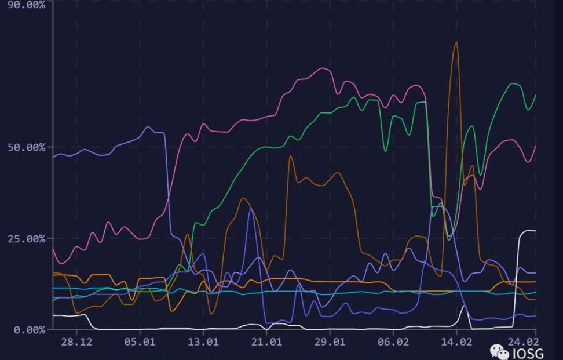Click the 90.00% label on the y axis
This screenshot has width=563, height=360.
(x=26, y=5)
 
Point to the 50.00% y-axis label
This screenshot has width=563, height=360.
(x=26, y=147)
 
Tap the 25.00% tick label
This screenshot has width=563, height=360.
(x=26, y=239)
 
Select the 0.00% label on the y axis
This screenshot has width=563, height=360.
(x=30, y=330)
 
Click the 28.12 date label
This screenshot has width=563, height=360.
(x=76, y=341)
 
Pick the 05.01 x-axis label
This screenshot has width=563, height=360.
(x=140, y=341)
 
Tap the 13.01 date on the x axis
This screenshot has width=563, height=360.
(x=203, y=341)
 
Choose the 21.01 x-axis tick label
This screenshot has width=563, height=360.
(x=266, y=341)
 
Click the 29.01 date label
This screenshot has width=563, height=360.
(x=330, y=341)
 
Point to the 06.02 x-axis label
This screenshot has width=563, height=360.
(x=393, y=341)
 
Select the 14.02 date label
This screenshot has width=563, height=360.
(x=456, y=341)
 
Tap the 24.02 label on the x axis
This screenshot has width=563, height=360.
(x=523, y=341)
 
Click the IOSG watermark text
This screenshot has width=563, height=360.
(x=528, y=354)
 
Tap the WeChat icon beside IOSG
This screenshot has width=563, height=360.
(x=499, y=352)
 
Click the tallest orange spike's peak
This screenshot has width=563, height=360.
(x=456, y=42)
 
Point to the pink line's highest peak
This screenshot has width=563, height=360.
(x=323, y=68)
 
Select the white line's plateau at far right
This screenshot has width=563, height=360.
(x=528, y=231)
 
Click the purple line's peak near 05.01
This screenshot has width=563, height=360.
(x=148, y=127)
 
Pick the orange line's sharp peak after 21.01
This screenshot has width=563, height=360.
(x=290, y=156)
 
